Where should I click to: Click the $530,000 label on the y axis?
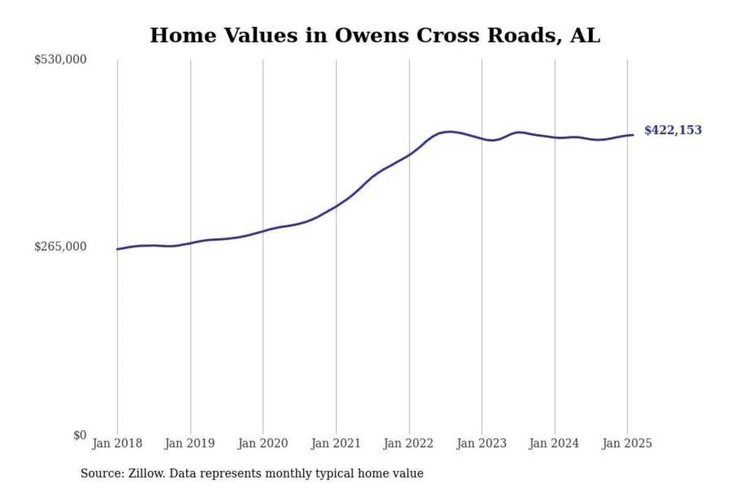[x=60, y=60]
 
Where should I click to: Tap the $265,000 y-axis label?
[x=60, y=246]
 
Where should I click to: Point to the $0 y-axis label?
[x=79, y=435]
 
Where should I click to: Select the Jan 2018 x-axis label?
[x=117, y=443]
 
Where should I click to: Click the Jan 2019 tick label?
[x=190, y=443]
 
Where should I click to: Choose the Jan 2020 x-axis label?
[x=263, y=443]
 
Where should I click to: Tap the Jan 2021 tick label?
[x=336, y=443]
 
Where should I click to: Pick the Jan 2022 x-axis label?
[x=409, y=443]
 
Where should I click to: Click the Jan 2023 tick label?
[x=482, y=443]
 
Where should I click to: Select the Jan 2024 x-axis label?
[x=554, y=443]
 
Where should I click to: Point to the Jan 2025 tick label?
[x=627, y=443]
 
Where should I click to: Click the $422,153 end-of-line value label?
[x=673, y=130]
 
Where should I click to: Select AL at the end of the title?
[x=585, y=35]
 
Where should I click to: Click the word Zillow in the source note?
[x=144, y=473]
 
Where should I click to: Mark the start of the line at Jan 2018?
[x=117, y=249]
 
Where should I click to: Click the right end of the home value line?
[x=633, y=135]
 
